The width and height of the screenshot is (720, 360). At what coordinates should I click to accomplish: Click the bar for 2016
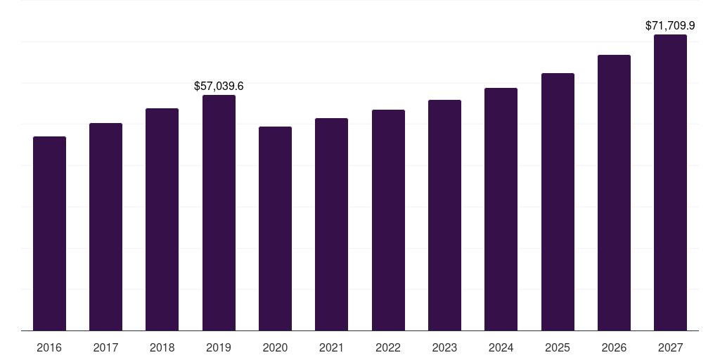click(49, 233)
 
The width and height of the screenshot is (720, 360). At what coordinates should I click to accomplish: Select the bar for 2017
click(105, 226)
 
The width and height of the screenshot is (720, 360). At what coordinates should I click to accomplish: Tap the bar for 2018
click(162, 219)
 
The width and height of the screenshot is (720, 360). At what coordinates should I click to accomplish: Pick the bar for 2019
click(219, 212)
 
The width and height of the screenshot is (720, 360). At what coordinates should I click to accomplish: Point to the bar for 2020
click(275, 229)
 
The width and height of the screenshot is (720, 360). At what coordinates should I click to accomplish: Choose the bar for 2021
click(331, 224)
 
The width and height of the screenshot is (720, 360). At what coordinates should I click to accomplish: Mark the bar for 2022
click(388, 220)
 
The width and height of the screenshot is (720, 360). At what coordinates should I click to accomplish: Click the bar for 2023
click(444, 215)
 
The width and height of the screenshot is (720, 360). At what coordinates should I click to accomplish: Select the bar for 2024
click(501, 209)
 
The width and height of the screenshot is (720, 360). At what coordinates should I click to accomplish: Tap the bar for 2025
click(558, 202)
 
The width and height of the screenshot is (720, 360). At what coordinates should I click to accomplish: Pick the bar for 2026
click(614, 193)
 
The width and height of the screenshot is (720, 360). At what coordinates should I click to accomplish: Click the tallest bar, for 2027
click(670, 182)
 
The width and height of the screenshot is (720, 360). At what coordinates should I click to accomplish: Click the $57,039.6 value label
click(219, 86)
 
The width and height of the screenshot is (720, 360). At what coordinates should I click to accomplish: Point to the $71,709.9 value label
click(670, 25)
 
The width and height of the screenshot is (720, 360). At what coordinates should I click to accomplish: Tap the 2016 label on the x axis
click(49, 347)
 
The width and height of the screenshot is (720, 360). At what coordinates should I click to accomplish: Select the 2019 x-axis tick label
click(219, 347)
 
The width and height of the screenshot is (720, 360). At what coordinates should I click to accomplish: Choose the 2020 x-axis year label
click(275, 347)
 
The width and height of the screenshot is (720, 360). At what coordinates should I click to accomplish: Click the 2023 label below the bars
click(444, 347)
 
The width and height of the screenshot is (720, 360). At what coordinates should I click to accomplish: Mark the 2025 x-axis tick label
click(558, 347)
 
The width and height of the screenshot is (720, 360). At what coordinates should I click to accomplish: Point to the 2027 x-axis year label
click(670, 347)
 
